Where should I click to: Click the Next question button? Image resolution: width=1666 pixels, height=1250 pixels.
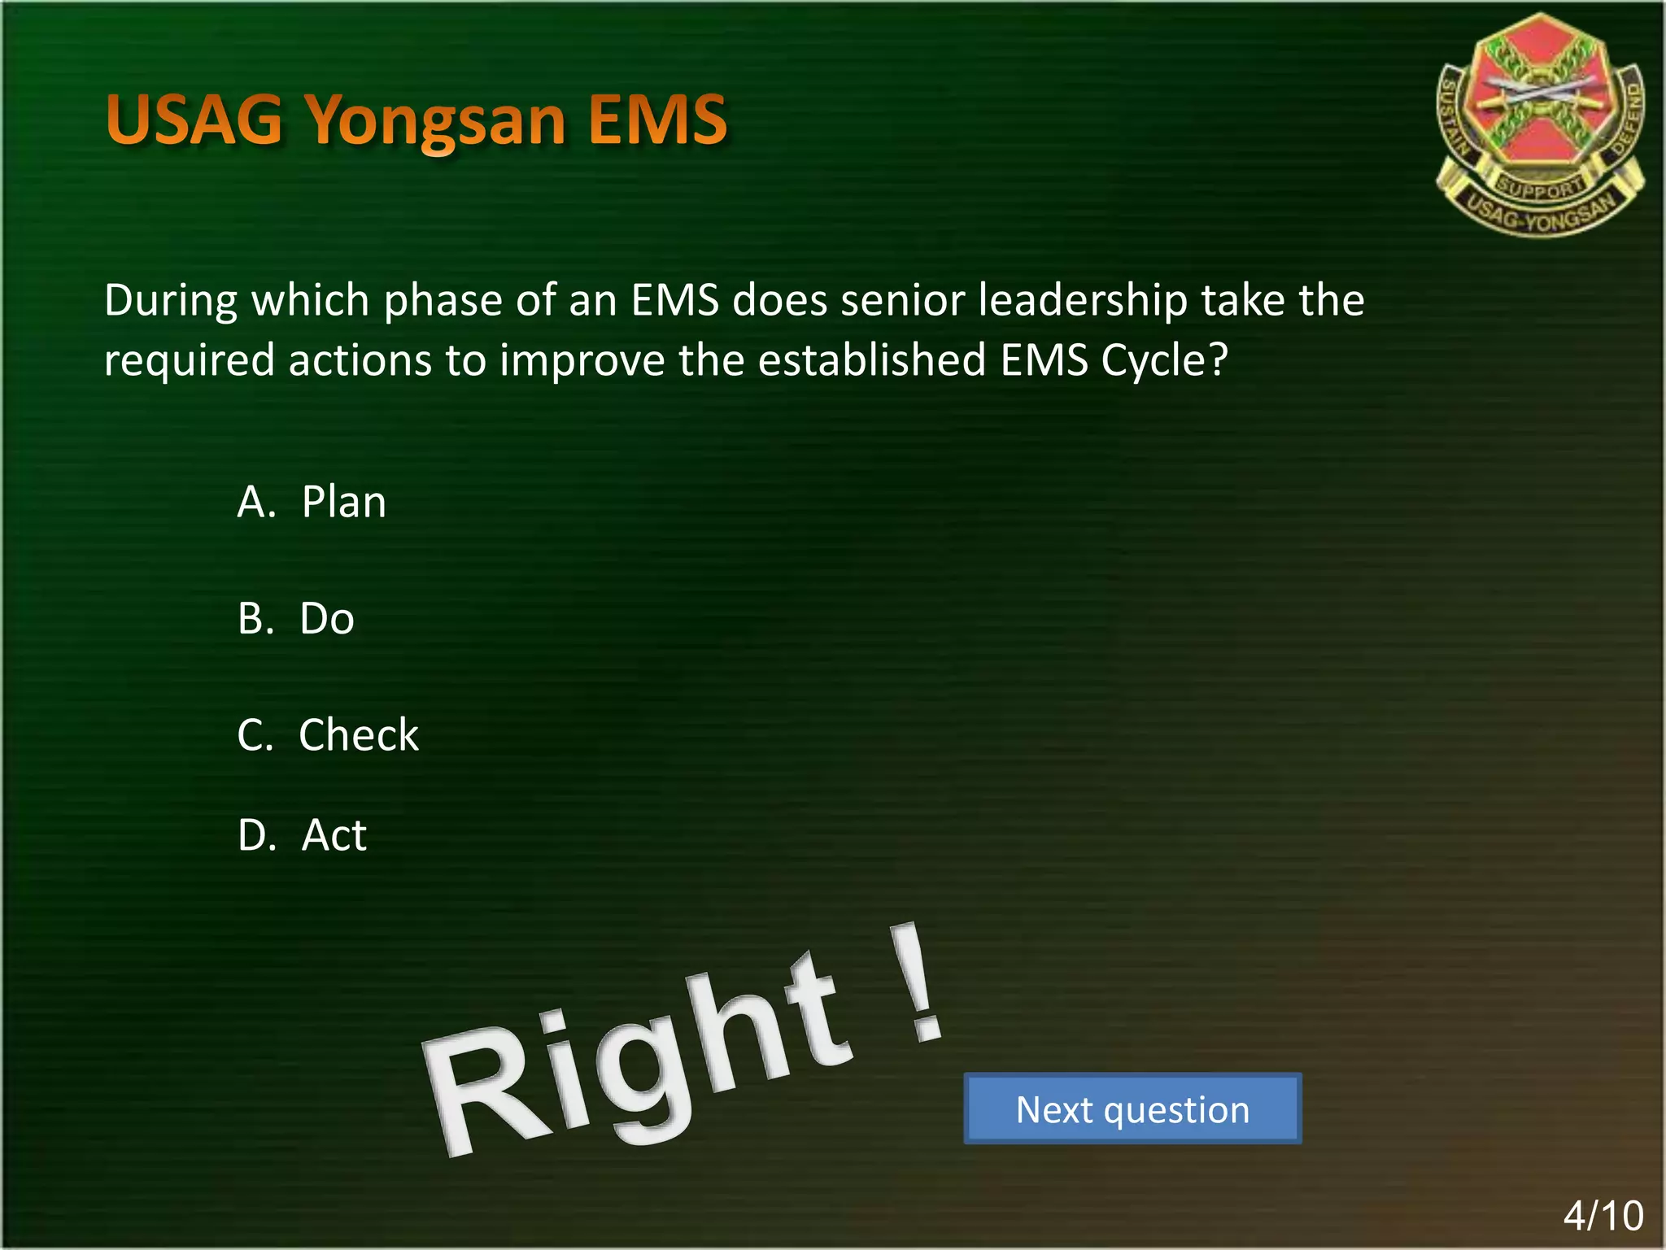pyautogui.click(x=1132, y=1109)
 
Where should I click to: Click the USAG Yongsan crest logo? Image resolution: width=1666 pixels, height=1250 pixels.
pyautogui.click(x=1539, y=122)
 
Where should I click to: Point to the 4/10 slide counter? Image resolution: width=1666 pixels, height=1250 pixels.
pyautogui.click(x=1603, y=1216)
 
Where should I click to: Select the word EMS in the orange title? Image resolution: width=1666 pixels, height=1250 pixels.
pyautogui.click(x=657, y=120)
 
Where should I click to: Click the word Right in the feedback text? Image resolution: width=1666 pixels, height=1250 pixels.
pyautogui.click(x=635, y=1057)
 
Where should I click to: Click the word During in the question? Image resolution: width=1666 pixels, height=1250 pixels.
pyautogui.click(x=171, y=300)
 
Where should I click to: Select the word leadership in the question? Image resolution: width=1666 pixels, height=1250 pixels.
pyautogui.click(x=1083, y=300)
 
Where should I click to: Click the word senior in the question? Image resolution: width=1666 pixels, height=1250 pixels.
pyautogui.click(x=902, y=300)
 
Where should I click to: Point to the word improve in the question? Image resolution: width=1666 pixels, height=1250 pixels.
pyautogui.click(x=582, y=361)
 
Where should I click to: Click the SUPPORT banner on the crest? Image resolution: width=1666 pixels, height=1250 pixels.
pyautogui.click(x=1540, y=188)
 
